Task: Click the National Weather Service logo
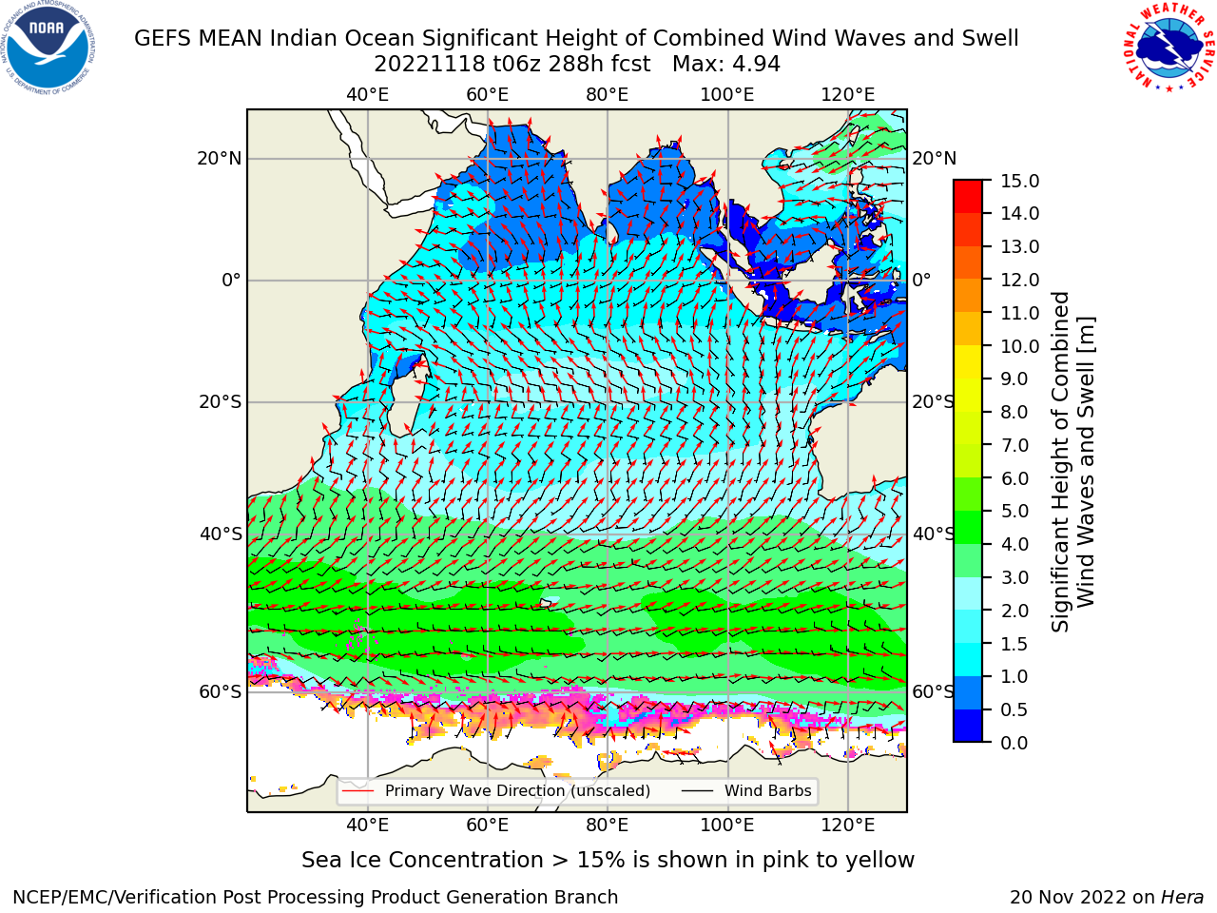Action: tap(1169, 48)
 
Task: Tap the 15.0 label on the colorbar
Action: tap(1019, 182)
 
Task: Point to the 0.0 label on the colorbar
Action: tap(1014, 743)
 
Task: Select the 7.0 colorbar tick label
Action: tap(1014, 445)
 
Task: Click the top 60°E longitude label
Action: tap(488, 95)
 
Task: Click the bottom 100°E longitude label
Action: tap(727, 826)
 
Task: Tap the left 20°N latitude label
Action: tap(220, 159)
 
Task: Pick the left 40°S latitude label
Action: tap(221, 534)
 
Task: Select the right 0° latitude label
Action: tap(921, 280)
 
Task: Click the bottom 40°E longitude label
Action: tap(367, 826)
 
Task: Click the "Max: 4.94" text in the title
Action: tap(726, 65)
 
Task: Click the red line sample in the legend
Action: tap(358, 791)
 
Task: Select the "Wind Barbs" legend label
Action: tap(768, 791)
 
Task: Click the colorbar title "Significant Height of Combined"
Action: tap(1060, 462)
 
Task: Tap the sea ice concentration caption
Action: tap(608, 861)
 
